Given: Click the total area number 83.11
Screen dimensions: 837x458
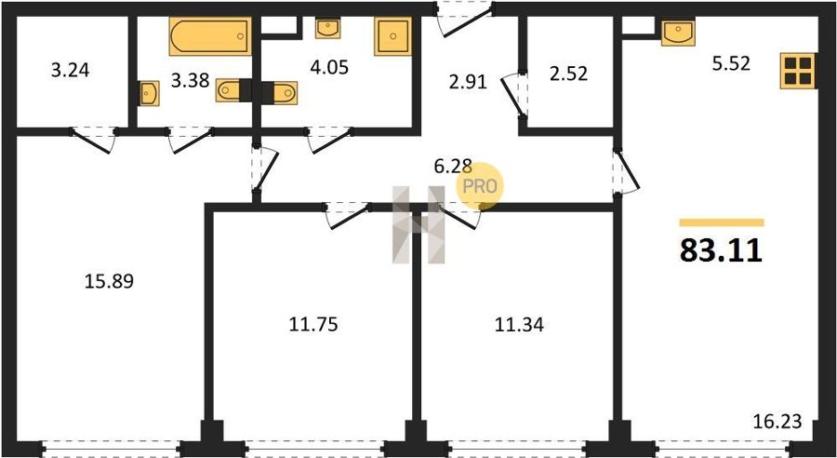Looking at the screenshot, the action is pyautogui.click(x=721, y=250).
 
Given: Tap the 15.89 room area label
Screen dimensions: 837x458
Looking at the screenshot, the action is pyautogui.click(x=109, y=281).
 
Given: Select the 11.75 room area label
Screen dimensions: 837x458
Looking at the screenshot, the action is pyautogui.click(x=313, y=324).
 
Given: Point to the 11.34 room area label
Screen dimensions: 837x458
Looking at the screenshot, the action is pyautogui.click(x=519, y=324).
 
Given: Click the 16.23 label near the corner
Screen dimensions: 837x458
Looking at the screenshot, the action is pyautogui.click(x=777, y=422).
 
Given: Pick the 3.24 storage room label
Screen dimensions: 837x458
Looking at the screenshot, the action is pyautogui.click(x=70, y=70).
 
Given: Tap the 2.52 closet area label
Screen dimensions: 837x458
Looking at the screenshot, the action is pyautogui.click(x=568, y=74).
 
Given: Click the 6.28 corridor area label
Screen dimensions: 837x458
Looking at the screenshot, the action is pyautogui.click(x=453, y=167).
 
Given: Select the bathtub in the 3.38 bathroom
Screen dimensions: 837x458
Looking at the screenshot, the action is pyautogui.click(x=210, y=36).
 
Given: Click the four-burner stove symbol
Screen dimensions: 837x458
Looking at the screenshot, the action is pyautogui.click(x=798, y=71).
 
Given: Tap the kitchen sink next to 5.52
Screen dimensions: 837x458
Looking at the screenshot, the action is pyautogui.click(x=678, y=33).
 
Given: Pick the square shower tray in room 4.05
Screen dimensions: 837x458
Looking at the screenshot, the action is pyautogui.click(x=392, y=36).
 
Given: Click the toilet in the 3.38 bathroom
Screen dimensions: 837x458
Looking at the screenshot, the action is pyautogui.click(x=233, y=90).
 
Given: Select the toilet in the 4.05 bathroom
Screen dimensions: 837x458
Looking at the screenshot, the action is pyautogui.click(x=280, y=92).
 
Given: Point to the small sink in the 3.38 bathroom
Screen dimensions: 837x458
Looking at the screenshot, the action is pyautogui.click(x=150, y=93).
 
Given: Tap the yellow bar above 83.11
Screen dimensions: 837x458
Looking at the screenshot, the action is pyautogui.click(x=722, y=222).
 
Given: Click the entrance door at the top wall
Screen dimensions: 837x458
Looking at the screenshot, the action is pyautogui.click(x=464, y=20).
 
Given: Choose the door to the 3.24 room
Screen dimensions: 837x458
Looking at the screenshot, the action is pyautogui.click(x=93, y=140).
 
